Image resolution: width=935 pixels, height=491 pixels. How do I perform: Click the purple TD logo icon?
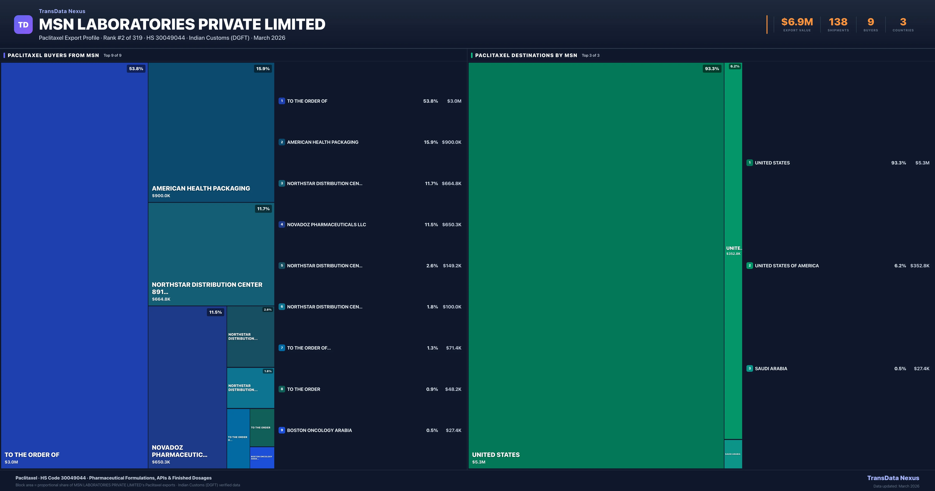pyautogui.click(x=23, y=25)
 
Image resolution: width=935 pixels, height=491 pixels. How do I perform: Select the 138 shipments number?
pyautogui.click(x=838, y=22)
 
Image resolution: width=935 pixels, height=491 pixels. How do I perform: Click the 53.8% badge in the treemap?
pyautogui.click(x=136, y=69)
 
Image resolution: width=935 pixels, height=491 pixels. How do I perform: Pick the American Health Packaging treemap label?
pyautogui.click(x=201, y=188)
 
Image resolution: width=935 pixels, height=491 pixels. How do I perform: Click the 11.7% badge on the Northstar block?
pyautogui.click(x=263, y=209)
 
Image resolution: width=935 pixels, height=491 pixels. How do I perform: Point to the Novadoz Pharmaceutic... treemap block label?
pyautogui.click(x=179, y=451)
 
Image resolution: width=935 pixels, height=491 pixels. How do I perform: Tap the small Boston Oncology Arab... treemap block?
pyautogui.click(x=262, y=458)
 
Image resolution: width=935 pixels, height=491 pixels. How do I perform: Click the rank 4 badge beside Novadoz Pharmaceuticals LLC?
pyautogui.click(x=282, y=224)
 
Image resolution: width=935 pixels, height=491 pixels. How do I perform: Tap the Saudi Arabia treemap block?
pyautogui.click(x=733, y=454)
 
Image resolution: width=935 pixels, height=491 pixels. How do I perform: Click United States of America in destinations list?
pyautogui.click(x=787, y=266)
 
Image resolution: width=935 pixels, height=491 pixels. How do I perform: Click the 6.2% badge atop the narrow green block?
pyautogui.click(x=735, y=66)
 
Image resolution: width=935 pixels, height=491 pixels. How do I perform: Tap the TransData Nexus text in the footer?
pyautogui.click(x=893, y=478)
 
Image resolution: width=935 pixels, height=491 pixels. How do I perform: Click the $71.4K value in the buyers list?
pyautogui.click(x=453, y=348)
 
